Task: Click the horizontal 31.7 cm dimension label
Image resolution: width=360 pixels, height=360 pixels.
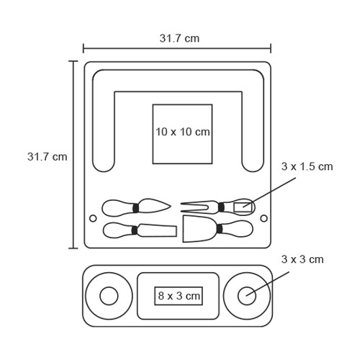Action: (x=179, y=38)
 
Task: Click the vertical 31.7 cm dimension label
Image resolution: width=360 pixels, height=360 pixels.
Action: (x=48, y=157)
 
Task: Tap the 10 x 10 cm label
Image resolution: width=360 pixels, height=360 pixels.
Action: (x=183, y=132)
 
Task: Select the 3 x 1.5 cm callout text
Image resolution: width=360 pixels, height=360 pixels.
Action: (x=307, y=166)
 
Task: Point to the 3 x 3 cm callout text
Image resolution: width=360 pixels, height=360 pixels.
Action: (x=302, y=259)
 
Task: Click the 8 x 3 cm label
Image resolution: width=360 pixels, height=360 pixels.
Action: (x=179, y=296)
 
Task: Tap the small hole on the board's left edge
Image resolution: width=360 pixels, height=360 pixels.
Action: (x=93, y=218)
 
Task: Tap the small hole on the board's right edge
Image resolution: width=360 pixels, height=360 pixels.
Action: (x=264, y=218)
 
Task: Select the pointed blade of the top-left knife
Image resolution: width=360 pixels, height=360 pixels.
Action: (x=153, y=206)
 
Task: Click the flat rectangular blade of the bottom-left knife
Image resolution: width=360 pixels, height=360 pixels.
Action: (x=157, y=230)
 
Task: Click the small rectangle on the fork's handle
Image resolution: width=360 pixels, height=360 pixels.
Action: (x=243, y=207)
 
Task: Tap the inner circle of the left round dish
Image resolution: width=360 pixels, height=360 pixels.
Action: (x=109, y=296)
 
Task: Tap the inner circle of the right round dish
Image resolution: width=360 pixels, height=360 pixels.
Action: (x=247, y=296)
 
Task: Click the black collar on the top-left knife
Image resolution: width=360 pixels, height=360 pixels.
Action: (x=135, y=208)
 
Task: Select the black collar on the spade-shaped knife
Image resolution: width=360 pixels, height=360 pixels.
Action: (x=220, y=228)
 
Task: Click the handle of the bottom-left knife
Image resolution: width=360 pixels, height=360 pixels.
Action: (x=117, y=230)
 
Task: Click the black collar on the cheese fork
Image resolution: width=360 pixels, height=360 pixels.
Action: (x=221, y=207)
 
